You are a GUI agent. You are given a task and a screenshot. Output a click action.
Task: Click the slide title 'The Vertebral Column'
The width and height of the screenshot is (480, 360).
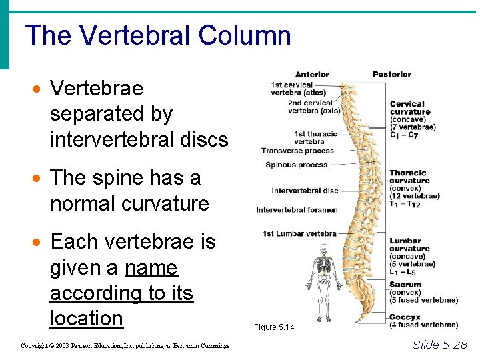pyautogui.click(x=158, y=35)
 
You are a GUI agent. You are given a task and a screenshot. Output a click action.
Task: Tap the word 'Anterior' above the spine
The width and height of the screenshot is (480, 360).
pyautogui.click(x=312, y=75)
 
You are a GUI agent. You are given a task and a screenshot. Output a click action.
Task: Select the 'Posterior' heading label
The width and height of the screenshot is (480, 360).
pyautogui.click(x=392, y=74)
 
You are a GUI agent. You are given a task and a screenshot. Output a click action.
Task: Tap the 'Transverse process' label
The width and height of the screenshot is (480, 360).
pyautogui.click(x=297, y=151)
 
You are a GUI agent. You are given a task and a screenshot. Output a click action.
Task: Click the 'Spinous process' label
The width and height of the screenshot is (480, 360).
pyautogui.click(x=297, y=165)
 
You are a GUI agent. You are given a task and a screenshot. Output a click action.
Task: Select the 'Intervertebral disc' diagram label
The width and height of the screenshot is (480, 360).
pyautogui.click(x=305, y=191)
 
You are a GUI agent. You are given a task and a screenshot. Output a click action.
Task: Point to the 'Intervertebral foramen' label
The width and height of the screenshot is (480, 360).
pyautogui.click(x=297, y=210)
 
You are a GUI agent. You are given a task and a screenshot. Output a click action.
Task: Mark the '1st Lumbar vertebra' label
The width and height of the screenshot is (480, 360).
pyautogui.click(x=299, y=233)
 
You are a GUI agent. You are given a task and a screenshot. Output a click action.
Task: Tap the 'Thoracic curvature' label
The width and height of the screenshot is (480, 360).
pyautogui.click(x=409, y=177)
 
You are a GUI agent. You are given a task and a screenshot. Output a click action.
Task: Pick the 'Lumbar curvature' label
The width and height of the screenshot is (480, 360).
pyautogui.click(x=405, y=245)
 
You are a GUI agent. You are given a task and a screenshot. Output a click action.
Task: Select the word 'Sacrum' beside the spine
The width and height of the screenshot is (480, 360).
pyautogui.click(x=405, y=285)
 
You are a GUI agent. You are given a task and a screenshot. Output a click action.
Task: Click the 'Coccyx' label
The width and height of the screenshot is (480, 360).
pyautogui.click(x=405, y=317)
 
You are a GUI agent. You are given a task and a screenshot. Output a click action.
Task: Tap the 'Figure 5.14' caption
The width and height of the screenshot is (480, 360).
pyautogui.click(x=273, y=327)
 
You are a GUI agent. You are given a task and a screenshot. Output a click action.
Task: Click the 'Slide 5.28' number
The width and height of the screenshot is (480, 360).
pyautogui.click(x=440, y=344)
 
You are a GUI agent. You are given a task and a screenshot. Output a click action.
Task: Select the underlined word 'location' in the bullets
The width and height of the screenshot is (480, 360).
pyautogui.click(x=87, y=318)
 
